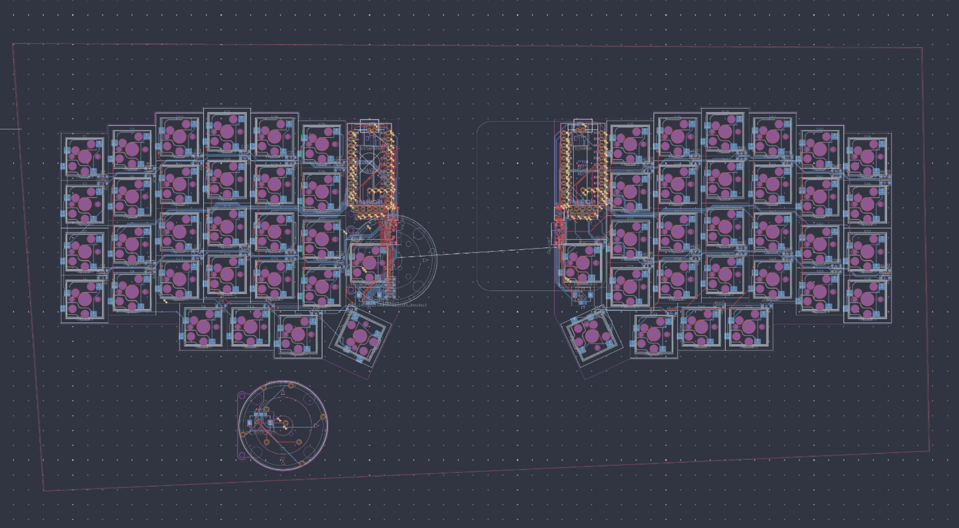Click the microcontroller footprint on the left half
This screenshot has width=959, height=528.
372,170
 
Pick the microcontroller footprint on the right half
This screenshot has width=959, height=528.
583,170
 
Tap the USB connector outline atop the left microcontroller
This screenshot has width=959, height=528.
369,126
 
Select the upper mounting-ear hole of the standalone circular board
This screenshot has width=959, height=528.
242,395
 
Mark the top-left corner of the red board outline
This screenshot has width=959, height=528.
13,44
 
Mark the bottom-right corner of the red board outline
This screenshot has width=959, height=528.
930,451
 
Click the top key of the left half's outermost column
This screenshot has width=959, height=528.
84,157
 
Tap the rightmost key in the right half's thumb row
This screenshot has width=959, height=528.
748,327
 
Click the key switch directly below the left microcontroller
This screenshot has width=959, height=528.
368,263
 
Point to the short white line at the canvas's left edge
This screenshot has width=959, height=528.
10,129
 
